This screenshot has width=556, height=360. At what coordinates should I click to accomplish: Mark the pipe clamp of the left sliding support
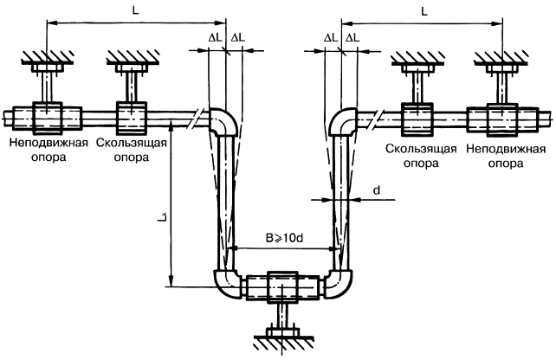(x=132, y=116)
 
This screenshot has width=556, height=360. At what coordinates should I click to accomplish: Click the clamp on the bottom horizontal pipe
(x=282, y=286)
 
